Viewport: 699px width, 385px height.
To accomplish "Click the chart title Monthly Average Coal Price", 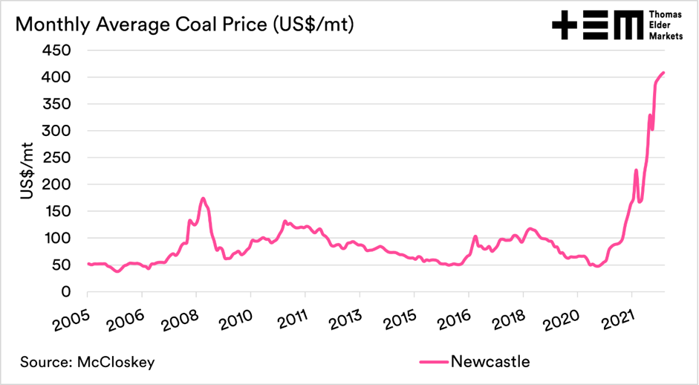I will coord(184,25).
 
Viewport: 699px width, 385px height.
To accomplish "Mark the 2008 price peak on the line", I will coord(203,198).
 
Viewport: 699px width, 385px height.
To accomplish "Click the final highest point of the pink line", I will coord(663,72).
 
